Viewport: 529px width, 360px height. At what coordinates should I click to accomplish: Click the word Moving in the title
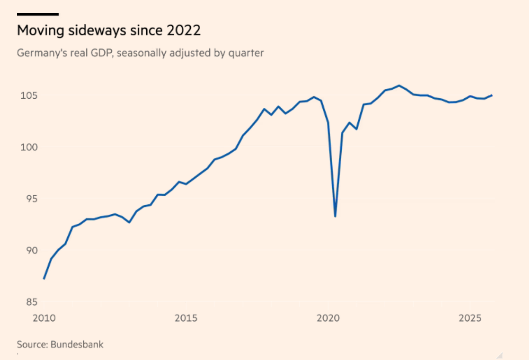click(x=38, y=31)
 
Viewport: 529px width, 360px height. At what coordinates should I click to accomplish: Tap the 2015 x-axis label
click(x=186, y=319)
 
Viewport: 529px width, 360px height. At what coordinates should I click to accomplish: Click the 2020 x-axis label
click(x=328, y=319)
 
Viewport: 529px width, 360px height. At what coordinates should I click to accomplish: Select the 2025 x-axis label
click(x=470, y=319)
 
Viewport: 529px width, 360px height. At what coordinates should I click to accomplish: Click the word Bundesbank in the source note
click(x=77, y=344)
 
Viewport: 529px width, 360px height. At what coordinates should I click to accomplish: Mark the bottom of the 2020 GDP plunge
click(x=335, y=216)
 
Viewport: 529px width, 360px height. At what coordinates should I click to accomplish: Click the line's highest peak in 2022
click(x=399, y=85)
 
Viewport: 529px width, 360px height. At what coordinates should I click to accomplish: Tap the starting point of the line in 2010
click(x=44, y=279)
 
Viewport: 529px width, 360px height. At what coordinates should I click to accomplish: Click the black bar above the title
click(x=38, y=14)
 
